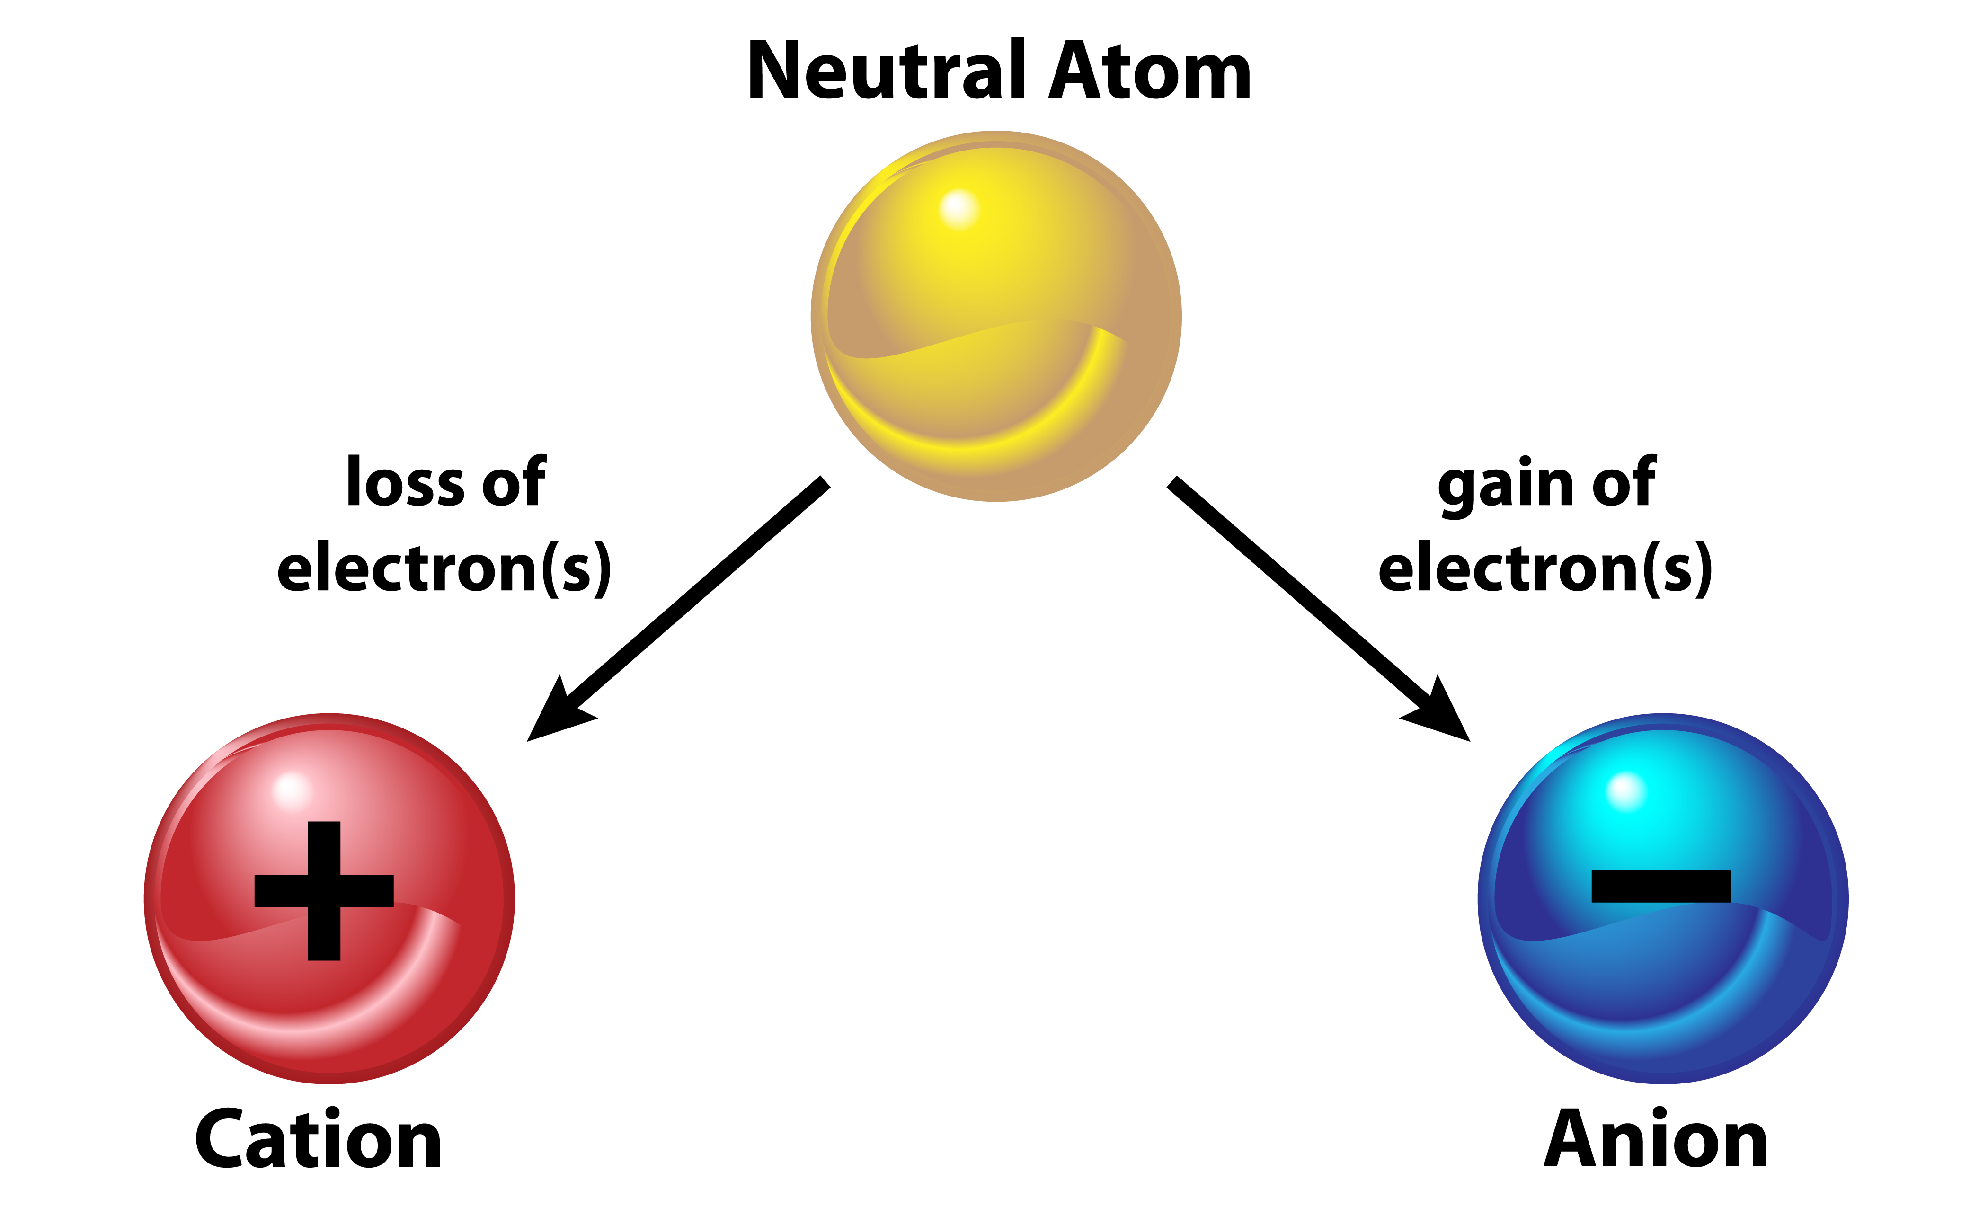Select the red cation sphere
[x=329, y=898]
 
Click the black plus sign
[x=324, y=891]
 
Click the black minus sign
[x=1660, y=886]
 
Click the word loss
[x=406, y=482]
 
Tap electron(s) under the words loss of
[x=444, y=569]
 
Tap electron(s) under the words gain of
[x=1545, y=569]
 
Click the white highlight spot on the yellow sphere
[x=958, y=208]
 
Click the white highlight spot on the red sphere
[x=291, y=789]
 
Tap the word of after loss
[x=513, y=482]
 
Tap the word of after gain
[x=1624, y=482]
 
